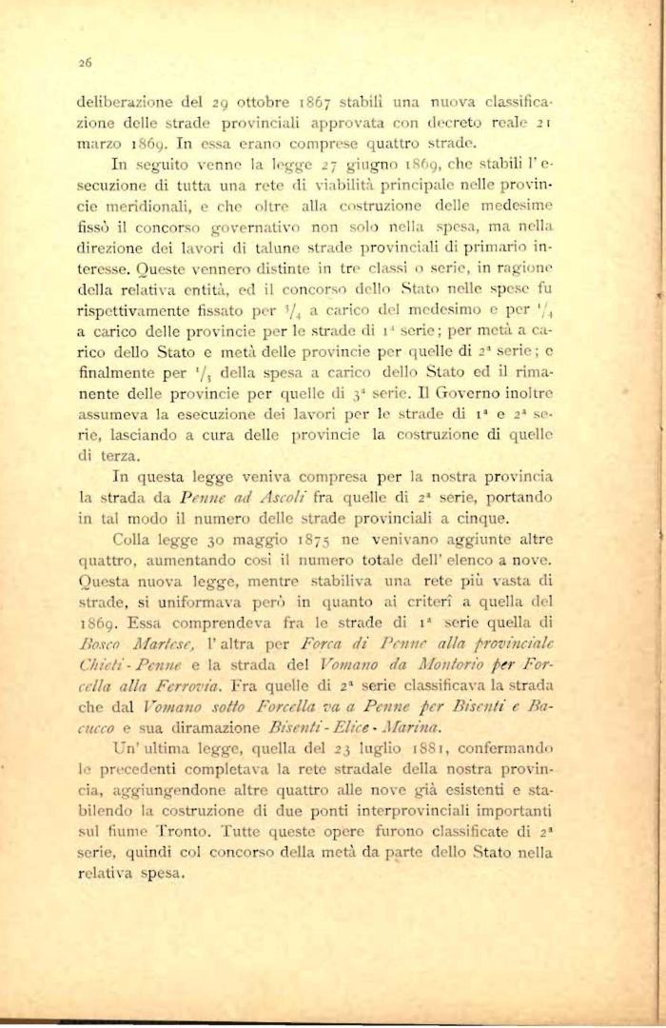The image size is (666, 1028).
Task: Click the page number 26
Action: point(84,66)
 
